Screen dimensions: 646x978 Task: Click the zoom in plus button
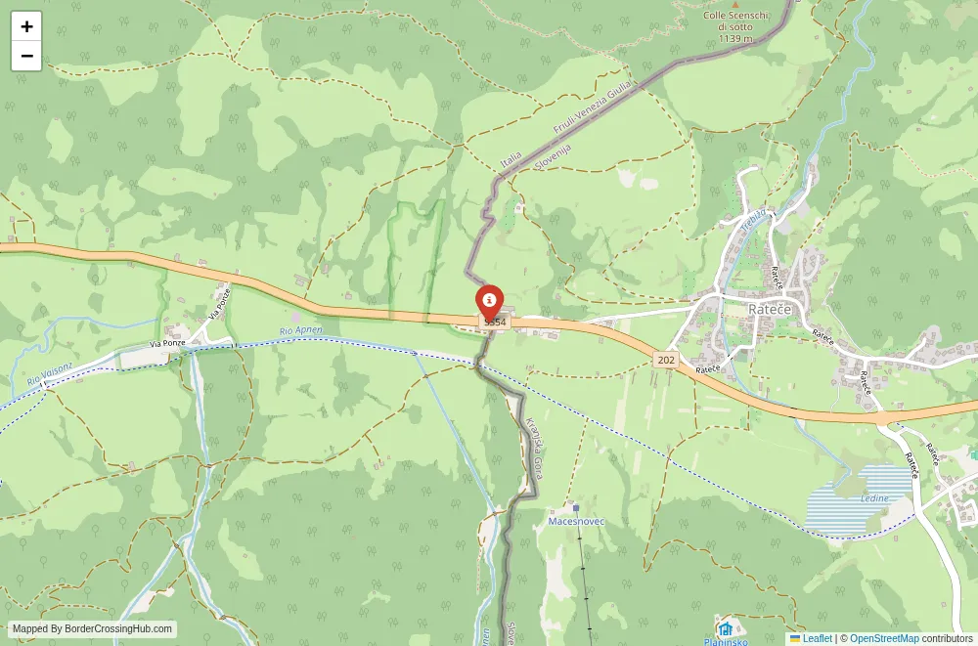point(26,26)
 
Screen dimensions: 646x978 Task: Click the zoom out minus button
point(26,56)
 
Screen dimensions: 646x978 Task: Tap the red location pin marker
point(489,301)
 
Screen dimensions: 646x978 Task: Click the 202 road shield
point(666,360)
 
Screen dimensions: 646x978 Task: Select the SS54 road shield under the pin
point(495,322)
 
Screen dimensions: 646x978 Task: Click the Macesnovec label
point(576,521)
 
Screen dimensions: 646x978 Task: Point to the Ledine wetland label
point(875,498)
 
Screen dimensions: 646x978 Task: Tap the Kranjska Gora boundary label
point(534,448)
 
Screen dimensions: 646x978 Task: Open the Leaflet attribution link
point(810,638)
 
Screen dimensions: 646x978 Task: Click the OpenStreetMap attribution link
point(884,638)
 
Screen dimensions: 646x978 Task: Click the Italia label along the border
point(511,155)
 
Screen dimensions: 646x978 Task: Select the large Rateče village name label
point(770,309)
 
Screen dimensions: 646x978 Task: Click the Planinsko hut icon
point(726,627)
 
